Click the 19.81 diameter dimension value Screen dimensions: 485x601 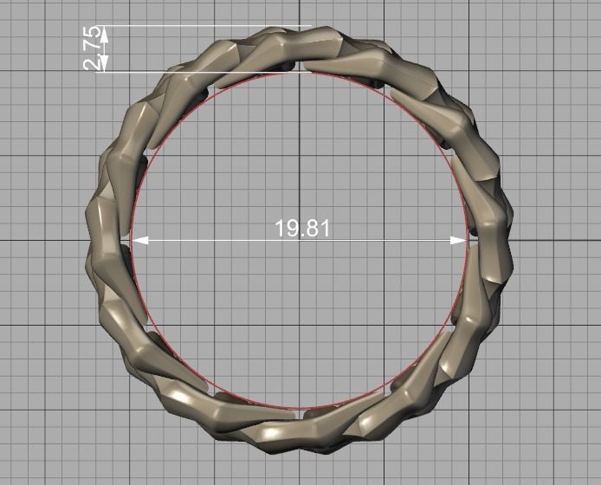(301, 229)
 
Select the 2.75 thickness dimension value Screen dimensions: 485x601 (92, 48)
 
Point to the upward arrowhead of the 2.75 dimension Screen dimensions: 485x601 (104, 32)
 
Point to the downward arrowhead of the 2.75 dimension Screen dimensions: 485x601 (104, 65)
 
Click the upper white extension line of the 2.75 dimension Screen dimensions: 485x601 (208, 26)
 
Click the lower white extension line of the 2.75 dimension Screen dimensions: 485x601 (208, 72)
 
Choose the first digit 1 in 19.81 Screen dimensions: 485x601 (280, 229)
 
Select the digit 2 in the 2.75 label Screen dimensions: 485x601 (92, 63)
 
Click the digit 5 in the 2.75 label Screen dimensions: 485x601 (92, 35)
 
